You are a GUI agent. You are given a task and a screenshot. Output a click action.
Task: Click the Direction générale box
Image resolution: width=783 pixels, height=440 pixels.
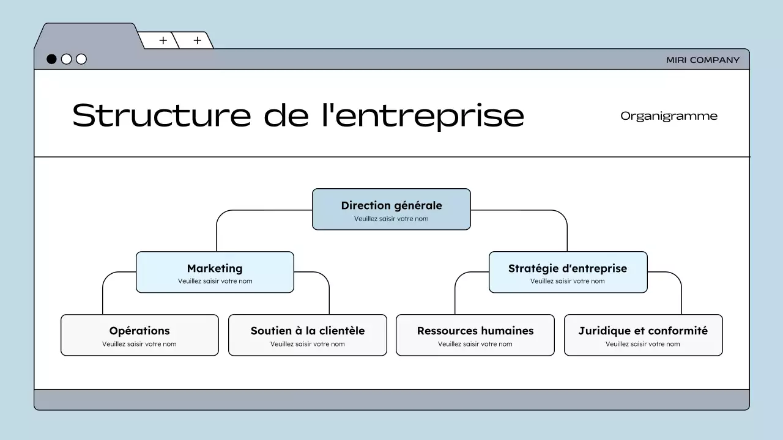391,210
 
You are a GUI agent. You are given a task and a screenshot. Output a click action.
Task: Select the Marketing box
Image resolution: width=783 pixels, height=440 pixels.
215,273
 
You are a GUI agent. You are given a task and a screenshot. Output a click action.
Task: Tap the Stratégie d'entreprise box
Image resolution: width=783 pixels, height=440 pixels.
568,273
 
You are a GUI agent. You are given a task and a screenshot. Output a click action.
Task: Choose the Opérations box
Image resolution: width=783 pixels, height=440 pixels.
139,335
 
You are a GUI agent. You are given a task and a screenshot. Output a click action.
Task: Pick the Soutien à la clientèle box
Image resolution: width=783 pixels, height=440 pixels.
308,335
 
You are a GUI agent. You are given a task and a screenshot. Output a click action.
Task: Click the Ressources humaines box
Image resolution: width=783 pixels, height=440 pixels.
475,335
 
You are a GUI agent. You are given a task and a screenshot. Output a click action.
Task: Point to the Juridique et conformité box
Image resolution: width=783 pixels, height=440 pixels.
643,335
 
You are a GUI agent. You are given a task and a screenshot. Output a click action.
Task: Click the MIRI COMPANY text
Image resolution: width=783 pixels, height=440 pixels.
703,60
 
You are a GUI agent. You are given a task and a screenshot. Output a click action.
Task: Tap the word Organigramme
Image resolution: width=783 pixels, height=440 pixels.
669,116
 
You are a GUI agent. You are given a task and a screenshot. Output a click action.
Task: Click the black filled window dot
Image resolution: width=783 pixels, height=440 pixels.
52,59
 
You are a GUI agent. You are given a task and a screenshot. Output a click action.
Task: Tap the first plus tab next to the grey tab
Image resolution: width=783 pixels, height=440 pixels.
163,40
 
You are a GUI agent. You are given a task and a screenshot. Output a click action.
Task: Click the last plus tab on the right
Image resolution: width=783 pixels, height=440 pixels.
197,40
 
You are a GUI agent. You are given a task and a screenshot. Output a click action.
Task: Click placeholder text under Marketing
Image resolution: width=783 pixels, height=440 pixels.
215,281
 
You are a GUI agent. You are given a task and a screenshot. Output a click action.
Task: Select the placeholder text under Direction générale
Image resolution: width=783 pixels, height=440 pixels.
391,219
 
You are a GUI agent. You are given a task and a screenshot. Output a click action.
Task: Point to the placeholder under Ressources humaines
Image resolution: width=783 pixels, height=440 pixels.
475,344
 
